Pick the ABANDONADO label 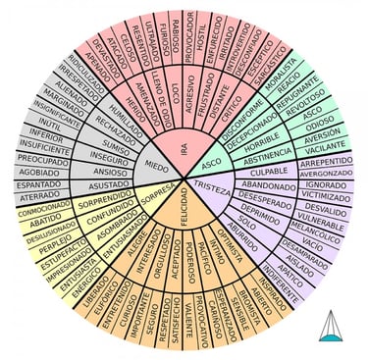click(268, 184)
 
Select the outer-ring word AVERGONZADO click(326, 171)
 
